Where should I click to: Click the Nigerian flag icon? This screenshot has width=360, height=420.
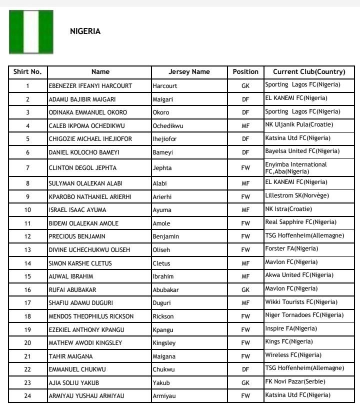pyautogui.click(x=31, y=32)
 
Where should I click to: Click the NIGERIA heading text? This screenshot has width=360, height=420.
pyautogui.click(x=85, y=31)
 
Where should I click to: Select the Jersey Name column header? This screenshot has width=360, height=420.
pyautogui.click(x=189, y=72)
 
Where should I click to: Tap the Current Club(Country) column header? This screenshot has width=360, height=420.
pyautogui.click(x=309, y=72)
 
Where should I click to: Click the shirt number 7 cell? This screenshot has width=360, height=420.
pyautogui.click(x=27, y=167)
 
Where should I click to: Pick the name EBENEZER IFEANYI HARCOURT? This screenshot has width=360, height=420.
pyautogui.click(x=90, y=86)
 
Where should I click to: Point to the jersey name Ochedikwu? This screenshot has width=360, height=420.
pyautogui.click(x=167, y=125)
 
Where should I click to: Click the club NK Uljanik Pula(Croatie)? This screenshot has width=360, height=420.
pyautogui.click(x=298, y=124)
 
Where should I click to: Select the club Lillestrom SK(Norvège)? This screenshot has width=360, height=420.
pyautogui.click(x=297, y=195)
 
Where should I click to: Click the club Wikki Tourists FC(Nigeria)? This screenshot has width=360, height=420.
pyautogui.click(x=301, y=302)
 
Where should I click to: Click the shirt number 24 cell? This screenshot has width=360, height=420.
pyautogui.click(x=27, y=396)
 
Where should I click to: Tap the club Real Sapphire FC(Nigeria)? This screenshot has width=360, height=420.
pyautogui.click(x=300, y=222)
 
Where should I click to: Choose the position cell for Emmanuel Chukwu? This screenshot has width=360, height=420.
pyautogui.click(x=245, y=369)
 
